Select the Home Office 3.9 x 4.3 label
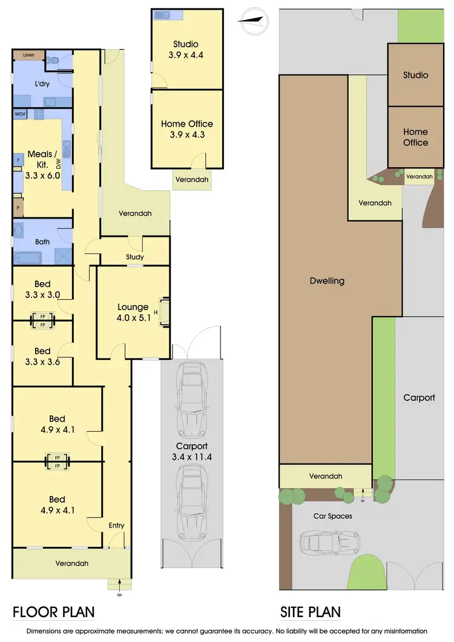click(186, 129)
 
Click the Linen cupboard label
click(28, 55)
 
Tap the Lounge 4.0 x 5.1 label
click(133, 311)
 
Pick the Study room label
click(134, 257)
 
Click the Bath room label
click(42, 242)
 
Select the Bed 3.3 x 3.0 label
click(42, 290)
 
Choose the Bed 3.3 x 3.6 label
click(42, 356)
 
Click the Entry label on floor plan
click(116, 525)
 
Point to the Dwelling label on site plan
click(327, 280)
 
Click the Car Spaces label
click(332, 516)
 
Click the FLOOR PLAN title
click(53, 612)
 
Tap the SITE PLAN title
click(310, 612)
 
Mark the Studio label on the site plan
click(416, 75)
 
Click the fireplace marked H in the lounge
click(162, 312)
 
